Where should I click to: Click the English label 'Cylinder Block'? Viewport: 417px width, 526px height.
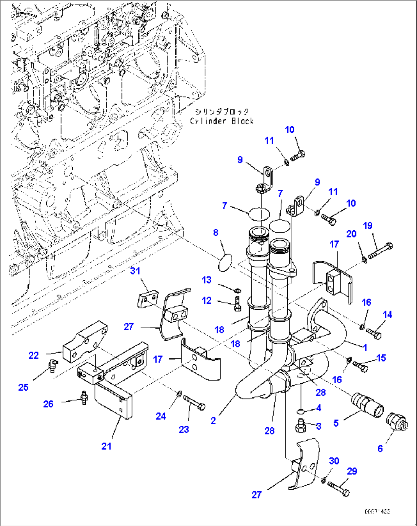point(222,121)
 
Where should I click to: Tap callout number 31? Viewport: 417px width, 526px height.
point(135,271)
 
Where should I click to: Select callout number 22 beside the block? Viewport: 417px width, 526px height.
point(34,355)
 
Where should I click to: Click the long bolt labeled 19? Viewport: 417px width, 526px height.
point(381,250)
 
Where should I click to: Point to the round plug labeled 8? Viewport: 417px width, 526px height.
point(225,263)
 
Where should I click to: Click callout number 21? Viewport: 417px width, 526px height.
point(106,446)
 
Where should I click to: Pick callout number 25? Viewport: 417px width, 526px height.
point(23,387)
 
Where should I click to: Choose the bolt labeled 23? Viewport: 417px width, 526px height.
point(194,402)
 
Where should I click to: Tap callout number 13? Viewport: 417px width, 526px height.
point(207,280)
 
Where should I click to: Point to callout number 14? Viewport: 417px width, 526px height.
point(387,314)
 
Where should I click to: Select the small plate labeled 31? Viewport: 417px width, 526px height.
point(148,298)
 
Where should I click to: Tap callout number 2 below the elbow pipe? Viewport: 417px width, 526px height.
point(213,420)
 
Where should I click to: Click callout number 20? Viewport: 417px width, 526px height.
point(351,234)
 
